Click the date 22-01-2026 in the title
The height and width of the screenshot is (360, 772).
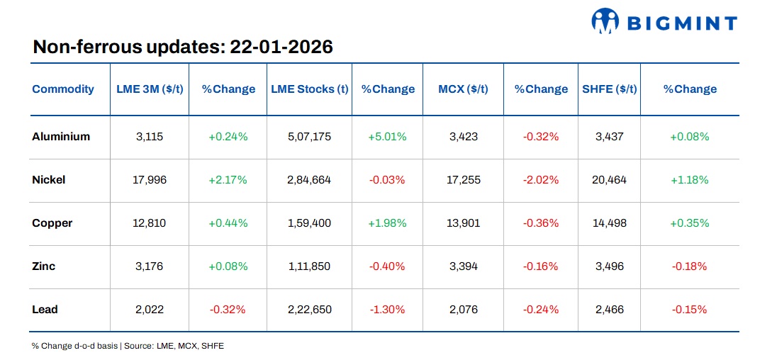pos(281,47)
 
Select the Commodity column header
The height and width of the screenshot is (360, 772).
pos(63,89)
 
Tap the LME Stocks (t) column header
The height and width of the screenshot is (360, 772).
pos(309,89)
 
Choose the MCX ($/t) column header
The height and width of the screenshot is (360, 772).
pos(463,89)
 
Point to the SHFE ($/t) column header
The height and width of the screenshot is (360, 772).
pos(609,89)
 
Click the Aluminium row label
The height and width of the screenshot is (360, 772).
pos(61,137)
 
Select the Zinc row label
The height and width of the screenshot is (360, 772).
pos(44,266)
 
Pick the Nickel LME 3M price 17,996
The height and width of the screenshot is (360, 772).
pos(150,180)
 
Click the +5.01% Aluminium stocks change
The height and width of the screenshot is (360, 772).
pos(387,137)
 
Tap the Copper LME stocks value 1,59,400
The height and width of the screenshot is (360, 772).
pos(309,223)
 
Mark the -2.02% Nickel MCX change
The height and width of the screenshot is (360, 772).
pos(541,180)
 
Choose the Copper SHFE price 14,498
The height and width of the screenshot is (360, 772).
pos(609,223)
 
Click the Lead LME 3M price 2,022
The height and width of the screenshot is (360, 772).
pos(150,310)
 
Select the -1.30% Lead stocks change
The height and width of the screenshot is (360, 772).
pos(387,310)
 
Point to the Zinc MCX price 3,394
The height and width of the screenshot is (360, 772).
pos(463,266)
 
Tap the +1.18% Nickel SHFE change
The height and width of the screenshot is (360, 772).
pos(690,180)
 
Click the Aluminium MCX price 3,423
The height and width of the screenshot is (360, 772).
pos(463,137)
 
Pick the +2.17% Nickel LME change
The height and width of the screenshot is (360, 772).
pos(228,180)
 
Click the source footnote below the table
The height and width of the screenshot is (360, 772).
pos(128,346)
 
